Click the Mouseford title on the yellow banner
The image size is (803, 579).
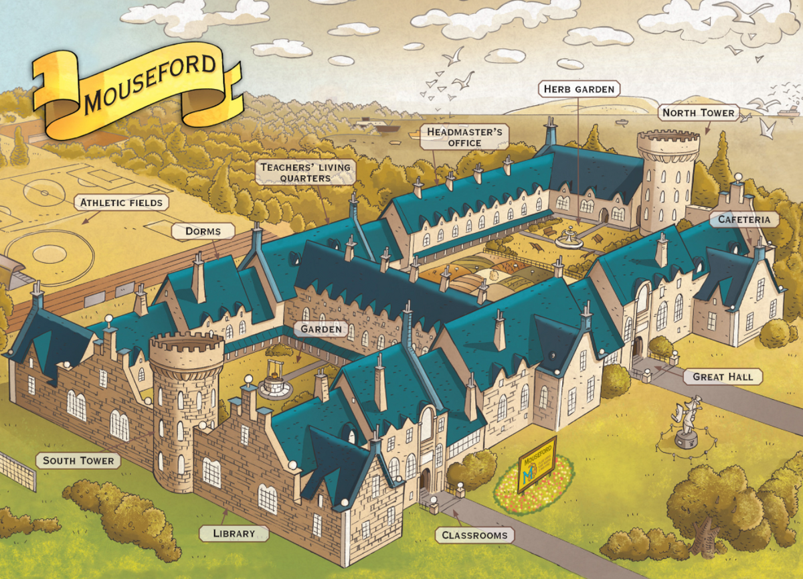point(151,84)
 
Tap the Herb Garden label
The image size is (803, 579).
point(578,89)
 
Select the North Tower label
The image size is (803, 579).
point(699,112)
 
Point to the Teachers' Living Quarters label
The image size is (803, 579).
point(305,172)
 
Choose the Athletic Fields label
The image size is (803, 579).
point(121,202)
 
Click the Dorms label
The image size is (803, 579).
point(204,232)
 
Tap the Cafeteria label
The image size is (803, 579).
point(744,219)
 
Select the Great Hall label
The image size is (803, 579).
point(723,377)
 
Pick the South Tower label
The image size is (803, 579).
point(78,461)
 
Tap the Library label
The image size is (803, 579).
point(234,533)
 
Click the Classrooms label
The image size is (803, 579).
point(474,535)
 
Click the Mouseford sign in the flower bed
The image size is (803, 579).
point(537,464)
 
